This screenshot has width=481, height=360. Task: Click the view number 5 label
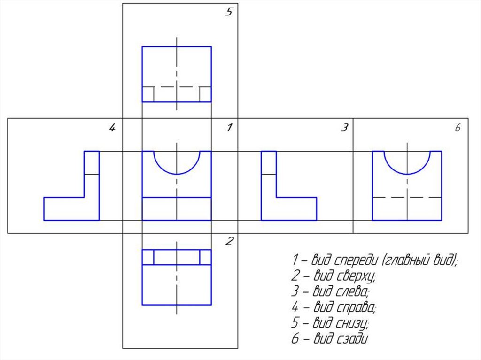tap(228, 13)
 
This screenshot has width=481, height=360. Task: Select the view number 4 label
tap(112, 128)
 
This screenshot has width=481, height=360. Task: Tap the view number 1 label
tap(229, 128)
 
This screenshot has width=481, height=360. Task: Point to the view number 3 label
tap(344, 128)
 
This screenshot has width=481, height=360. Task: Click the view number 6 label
tap(458, 128)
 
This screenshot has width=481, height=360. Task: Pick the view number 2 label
tap(229, 242)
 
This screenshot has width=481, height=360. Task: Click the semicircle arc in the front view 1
tap(177, 174)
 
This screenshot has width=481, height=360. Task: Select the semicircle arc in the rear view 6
tap(407, 174)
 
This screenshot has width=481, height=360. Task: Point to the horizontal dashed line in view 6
tap(407, 198)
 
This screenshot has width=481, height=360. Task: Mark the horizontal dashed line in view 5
tap(177, 87)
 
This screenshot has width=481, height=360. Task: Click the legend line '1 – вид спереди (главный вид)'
tap(374, 260)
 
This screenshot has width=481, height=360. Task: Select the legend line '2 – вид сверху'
tap(333, 276)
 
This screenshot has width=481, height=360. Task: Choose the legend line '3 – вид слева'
tap(330, 291)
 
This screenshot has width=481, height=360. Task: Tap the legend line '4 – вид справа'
tap(334, 307)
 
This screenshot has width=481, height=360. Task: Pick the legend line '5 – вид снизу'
tap(331, 323)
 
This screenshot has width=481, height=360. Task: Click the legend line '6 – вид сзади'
tap(329, 339)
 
